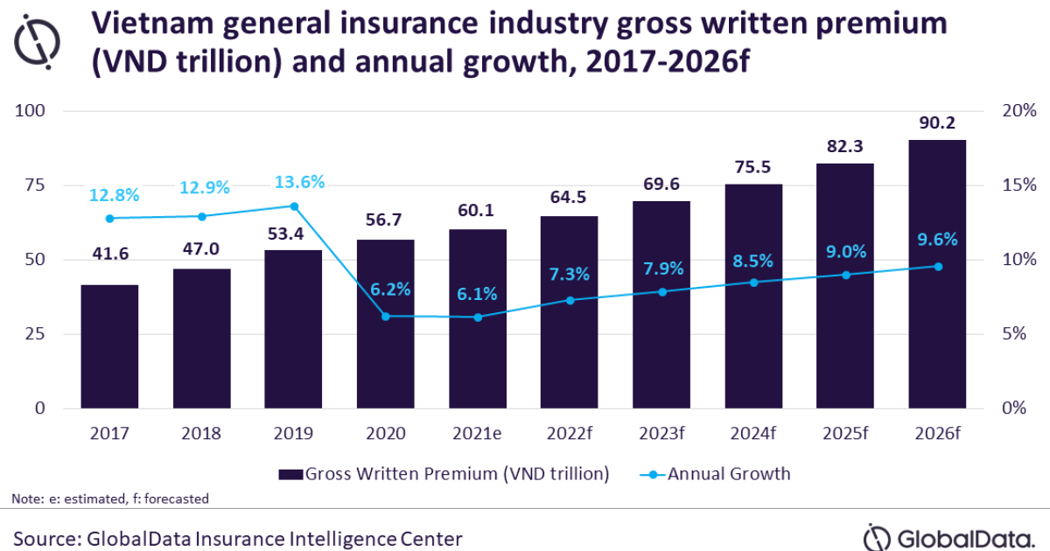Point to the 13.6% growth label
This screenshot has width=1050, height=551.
pos(294,183)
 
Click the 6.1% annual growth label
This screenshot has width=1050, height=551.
pos(478,293)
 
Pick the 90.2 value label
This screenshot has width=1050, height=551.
pos(937,124)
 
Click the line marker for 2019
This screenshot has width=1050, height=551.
pos(294,206)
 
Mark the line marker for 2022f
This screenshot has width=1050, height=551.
pos(570,300)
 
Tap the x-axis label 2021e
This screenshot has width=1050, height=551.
pos(478,433)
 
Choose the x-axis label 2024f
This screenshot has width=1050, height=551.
pos(753,433)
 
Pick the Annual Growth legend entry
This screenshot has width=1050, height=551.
pos(717,474)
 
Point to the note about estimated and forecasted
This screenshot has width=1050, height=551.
pos(110,499)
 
